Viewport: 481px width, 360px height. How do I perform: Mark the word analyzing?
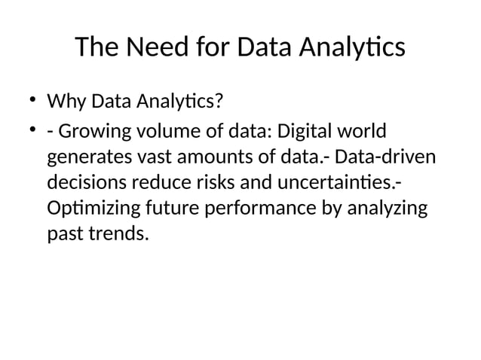point(387,209)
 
